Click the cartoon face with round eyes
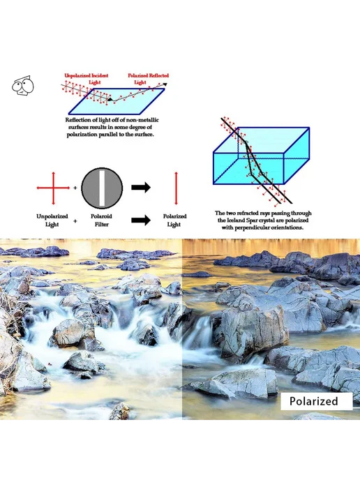[23, 85]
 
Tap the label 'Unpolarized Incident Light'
[87, 79]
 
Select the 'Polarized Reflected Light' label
[148, 79]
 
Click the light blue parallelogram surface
[117, 101]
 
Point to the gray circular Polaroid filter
[102, 188]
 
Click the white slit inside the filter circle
[102, 188]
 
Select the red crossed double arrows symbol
[53, 188]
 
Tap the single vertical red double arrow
[176, 188]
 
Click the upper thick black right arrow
[141, 188]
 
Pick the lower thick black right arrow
[141, 220]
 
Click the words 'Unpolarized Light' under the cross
[52, 220]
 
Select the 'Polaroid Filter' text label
[101, 220]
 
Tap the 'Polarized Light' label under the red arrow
[174, 220]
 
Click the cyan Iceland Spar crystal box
[261, 156]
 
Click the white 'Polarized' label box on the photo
[317, 401]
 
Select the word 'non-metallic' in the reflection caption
[142, 120]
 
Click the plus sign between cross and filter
[75, 188]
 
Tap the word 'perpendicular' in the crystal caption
[253, 228]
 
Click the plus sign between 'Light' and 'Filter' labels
[75, 221]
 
